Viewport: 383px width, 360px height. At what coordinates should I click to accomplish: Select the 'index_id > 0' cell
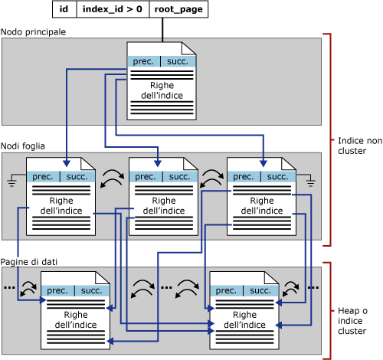pyautogui.click(x=111, y=9)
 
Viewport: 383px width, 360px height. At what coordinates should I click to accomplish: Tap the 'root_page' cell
pyautogui.click(x=176, y=9)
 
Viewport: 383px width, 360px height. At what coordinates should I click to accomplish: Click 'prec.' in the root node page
pyautogui.click(x=142, y=61)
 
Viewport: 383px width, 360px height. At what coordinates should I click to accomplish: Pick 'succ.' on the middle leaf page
pyautogui.click(x=179, y=177)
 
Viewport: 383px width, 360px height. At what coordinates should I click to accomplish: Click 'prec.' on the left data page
pyautogui.click(x=57, y=291)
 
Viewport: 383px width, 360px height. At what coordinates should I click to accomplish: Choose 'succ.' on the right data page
pyautogui.click(x=261, y=291)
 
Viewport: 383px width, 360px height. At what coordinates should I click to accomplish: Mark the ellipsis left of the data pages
pyautogui.click(x=9, y=287)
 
